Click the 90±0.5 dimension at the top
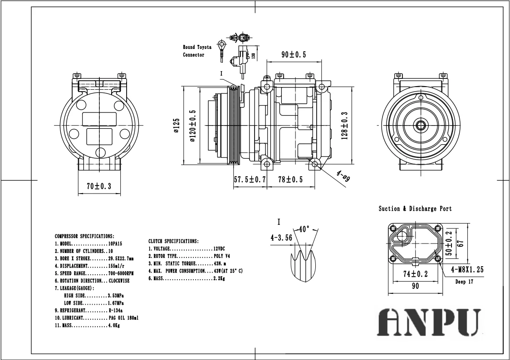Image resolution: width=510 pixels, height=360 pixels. (293, 55)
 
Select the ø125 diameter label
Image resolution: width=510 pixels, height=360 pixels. (177, 126)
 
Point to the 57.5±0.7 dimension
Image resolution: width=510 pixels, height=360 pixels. (250, 180)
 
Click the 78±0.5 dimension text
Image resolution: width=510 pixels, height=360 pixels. (290, 180)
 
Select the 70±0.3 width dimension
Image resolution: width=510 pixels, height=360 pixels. (99, 186)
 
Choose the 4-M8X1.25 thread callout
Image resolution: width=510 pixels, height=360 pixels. (467, 270)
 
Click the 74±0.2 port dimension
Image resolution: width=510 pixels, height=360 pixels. (416, 273)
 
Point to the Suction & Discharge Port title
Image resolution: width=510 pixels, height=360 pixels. (415, 209)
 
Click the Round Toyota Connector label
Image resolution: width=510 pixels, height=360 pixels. (197, 51)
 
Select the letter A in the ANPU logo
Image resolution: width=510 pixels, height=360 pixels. (393, 322)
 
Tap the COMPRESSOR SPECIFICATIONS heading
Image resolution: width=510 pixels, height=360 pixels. (84, 236)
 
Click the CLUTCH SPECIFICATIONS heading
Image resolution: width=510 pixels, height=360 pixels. (173, 241)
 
